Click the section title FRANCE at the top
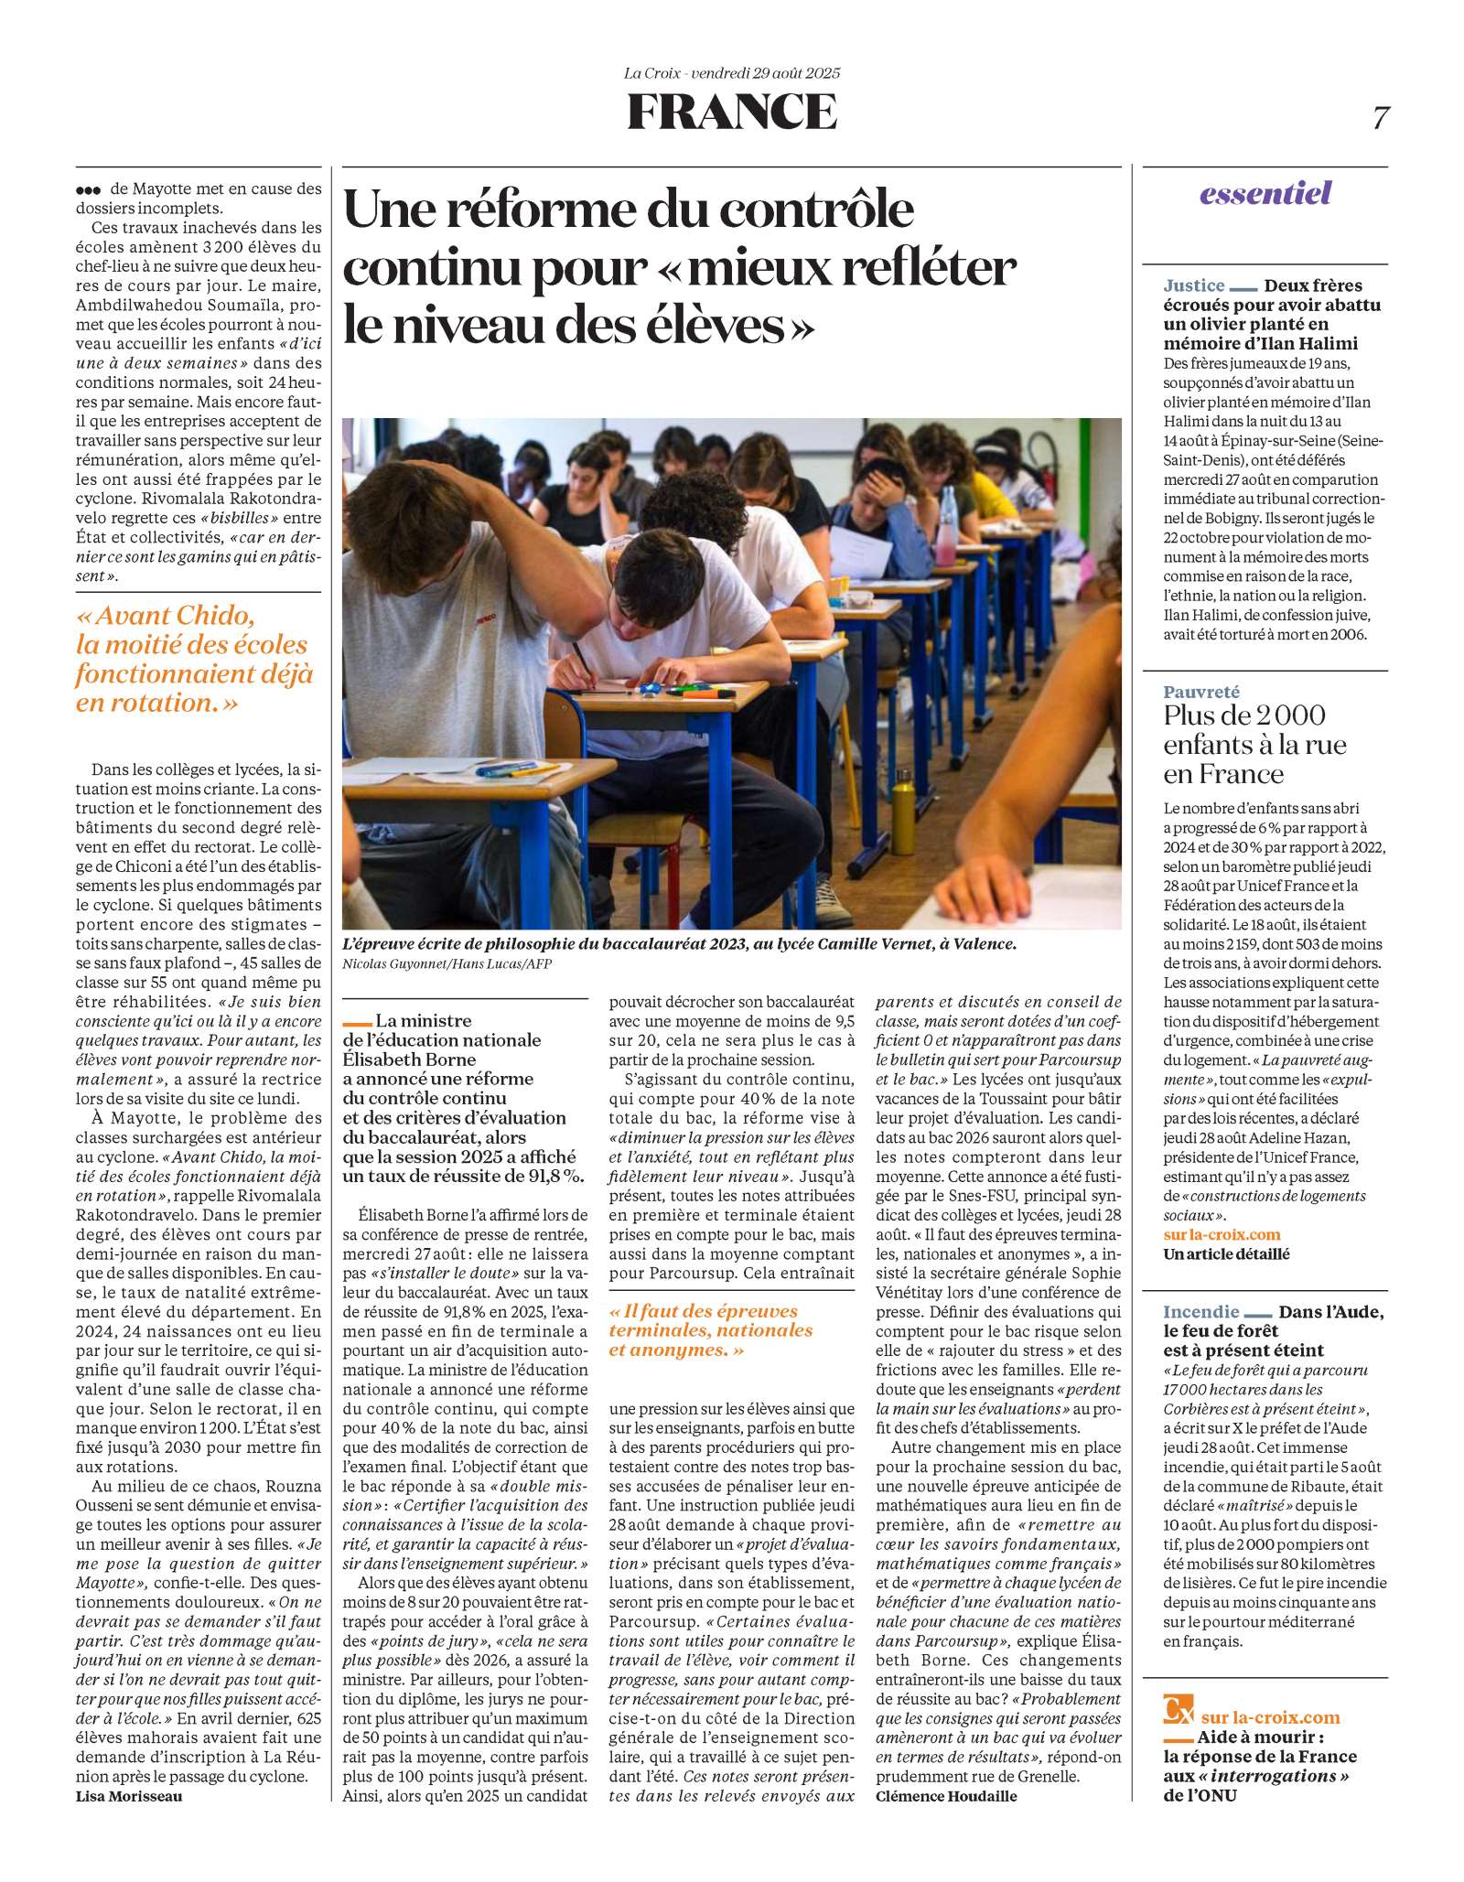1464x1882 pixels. tap(731, 112)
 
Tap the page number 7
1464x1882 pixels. tap(1380, 118)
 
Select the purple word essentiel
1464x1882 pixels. tap(1265, 193)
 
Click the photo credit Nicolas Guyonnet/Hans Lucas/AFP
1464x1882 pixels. tap(447, 963)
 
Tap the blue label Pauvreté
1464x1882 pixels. tap(1201, 692)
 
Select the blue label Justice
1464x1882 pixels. tap(1193, 285)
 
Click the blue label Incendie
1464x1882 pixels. tap(1200, 1312)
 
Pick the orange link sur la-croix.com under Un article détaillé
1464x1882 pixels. tap(1222, 1234)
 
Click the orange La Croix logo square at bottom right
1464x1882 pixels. tap(1178, 1708)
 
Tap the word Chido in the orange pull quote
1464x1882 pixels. tap(215, 615)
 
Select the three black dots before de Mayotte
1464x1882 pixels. tap(88, 190)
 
